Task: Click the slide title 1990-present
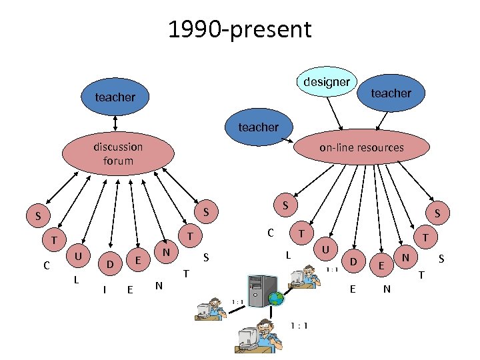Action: point(239,29)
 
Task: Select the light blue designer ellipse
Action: point(326,83)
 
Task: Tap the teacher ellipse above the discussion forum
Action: point(116,97)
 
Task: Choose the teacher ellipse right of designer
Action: point(391,94)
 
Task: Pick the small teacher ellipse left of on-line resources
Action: point(259,127)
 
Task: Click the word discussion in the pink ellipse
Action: point(118,147)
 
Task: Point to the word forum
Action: point(118,161)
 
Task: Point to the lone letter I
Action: point(104,289)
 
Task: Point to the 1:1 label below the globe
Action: point(299,325)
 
